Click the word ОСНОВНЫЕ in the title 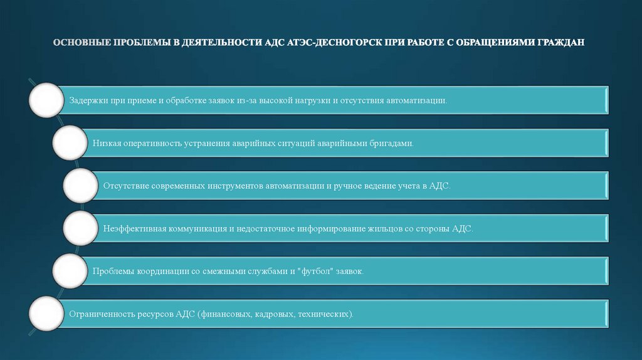tap(82, 43)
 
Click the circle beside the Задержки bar tap(46, 100)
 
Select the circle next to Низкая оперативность tap(70, 143)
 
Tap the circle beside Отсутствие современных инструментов tap(81, 186)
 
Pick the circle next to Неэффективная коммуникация tap(81, 228)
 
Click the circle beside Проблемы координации tap(70, 271)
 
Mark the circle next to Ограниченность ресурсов tap(46, 314)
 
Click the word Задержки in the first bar tap(87, 100)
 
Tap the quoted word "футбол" tap(317, 271)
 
